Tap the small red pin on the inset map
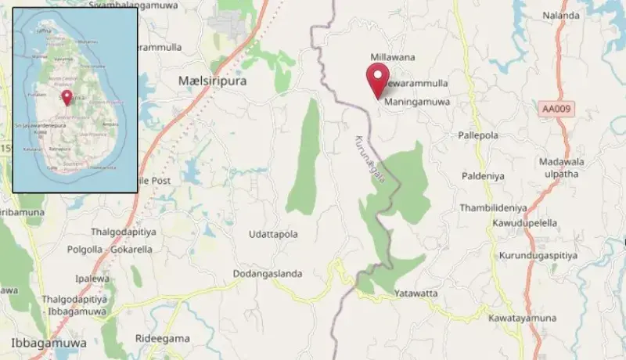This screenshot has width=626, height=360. tap(67, 97)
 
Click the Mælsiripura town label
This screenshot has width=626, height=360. tap(211, 80)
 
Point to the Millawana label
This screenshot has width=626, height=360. tap(393, 57)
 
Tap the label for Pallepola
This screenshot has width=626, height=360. tap(478, 135)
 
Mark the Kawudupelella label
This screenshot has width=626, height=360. tap(525, 223)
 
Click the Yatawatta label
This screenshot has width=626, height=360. tap(417, 293)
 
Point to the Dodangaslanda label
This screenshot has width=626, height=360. tap(268, 274)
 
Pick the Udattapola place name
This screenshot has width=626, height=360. tap(273, 234)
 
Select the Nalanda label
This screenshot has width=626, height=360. tap(561, 15)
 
